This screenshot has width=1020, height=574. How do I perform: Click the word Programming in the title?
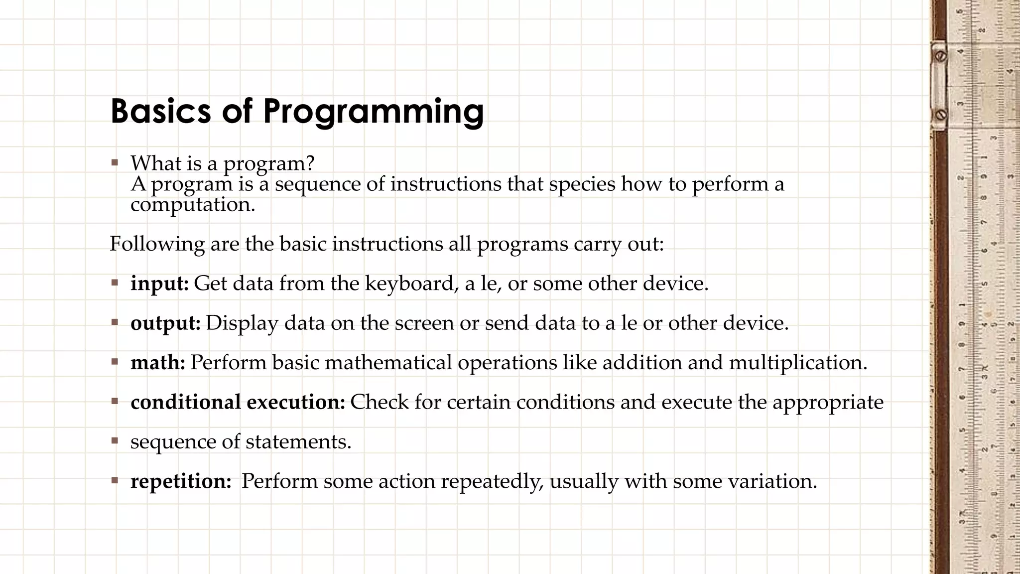coord(373,112)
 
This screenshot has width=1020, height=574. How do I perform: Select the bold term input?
coord(159,284)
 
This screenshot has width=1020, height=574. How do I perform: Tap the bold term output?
coord(165,323)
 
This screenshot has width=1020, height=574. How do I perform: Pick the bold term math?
coord(157,363)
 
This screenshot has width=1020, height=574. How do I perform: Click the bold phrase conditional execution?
coord(238,402)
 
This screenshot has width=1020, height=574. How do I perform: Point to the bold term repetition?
coord(181,481)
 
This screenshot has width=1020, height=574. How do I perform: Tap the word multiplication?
coord(797,363)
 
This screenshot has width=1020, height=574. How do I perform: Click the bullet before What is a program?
coord(115,162)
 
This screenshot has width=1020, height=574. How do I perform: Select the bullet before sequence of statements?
coord(115,441)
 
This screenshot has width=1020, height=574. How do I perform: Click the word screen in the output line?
coord(424,323)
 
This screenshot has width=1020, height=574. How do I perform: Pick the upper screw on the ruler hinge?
coord(940,56)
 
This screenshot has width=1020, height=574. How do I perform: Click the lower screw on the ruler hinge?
coord(940,115)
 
